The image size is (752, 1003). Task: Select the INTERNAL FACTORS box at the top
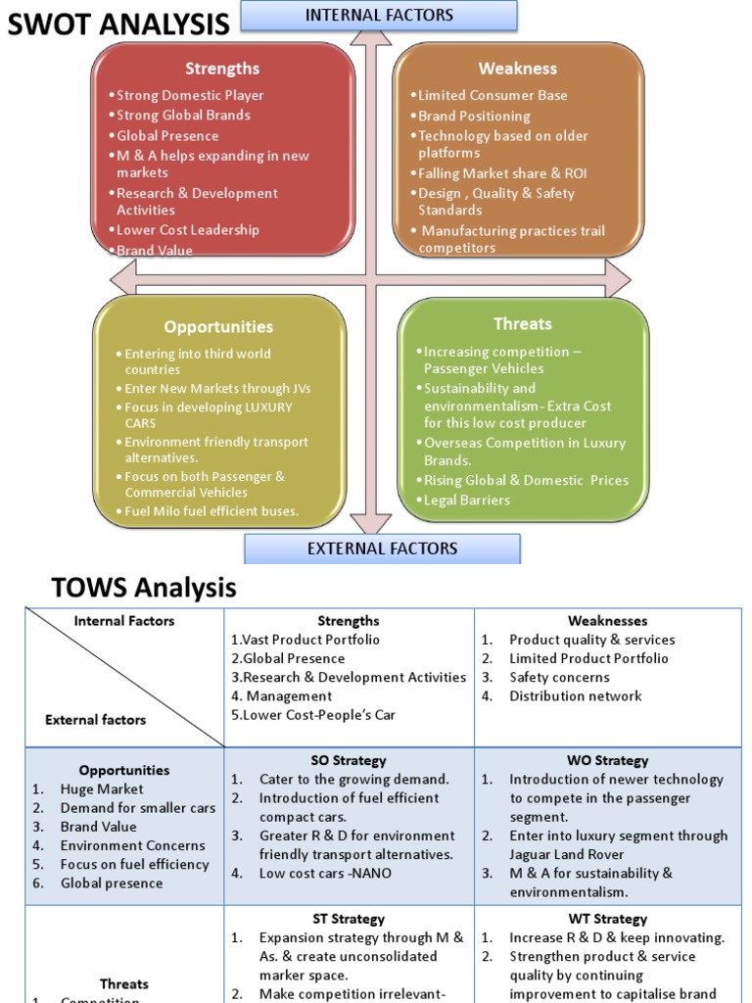[x=379, y=15]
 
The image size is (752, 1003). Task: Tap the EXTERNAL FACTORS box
[x=382, y=549]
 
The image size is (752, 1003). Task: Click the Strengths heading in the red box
[x=222, y=69]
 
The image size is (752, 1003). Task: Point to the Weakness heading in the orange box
[x=517, y=69]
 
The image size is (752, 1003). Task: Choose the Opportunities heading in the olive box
[x=218, y=327]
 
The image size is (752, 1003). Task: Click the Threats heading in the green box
[x=522, y=324]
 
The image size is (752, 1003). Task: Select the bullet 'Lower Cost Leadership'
[x=187, y=230]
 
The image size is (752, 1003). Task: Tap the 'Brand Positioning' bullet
[x=474, y=116]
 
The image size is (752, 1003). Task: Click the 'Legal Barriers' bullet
[x=466, y=500]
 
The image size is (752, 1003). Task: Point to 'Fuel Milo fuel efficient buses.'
[x=211, y=511]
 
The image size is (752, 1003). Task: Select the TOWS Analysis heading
[x=144, y=589]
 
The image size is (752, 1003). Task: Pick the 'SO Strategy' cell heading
[x=349, y=760]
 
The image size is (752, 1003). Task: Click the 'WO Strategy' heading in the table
[x=607, y=760]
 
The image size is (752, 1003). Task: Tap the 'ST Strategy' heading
[x=349, y=919]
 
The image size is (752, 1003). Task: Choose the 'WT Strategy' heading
[x=607, y=919]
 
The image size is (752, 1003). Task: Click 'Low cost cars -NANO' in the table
[x=325, y=873]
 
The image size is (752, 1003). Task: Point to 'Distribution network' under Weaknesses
[x=575, y=696]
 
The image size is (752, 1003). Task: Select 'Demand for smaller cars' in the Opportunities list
[x=138, y=808]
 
